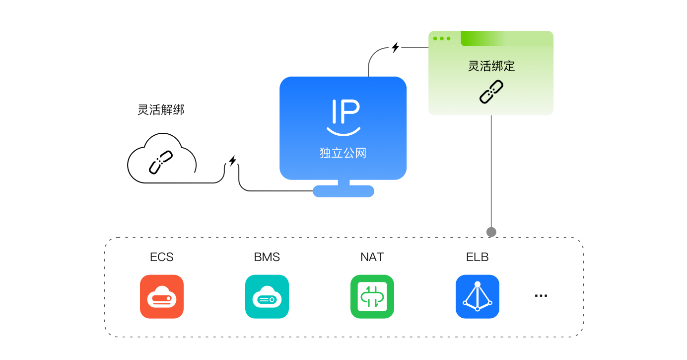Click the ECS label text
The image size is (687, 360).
coord(162,257)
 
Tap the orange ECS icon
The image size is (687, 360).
coord(162,297)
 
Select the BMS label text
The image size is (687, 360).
coord(267,257)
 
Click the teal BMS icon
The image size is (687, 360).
coord(267,297)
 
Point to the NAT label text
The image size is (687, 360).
coord(372,257)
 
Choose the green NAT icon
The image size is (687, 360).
coord(372,297)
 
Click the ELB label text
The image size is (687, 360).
coord(478,257)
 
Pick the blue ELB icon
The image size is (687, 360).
coord(478,297)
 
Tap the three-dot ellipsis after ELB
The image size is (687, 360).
coord(541,296)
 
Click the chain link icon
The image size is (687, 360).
coord(491,92)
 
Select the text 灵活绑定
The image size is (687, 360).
coord(491,66)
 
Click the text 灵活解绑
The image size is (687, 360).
coord(161,110)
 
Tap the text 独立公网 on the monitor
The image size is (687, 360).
coord(343,153)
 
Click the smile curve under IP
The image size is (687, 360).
coord(343,132)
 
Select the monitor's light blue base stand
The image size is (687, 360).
coord(343,191)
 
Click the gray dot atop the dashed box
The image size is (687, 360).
coord(491,232)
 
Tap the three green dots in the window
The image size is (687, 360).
coord(442,38)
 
